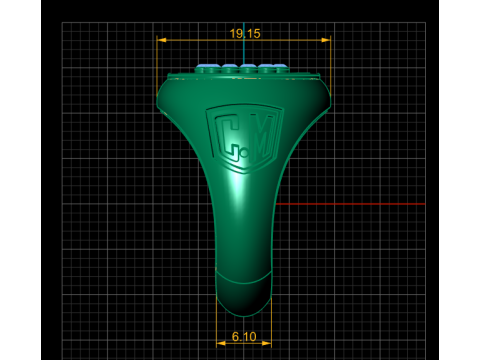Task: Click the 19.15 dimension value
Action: coord(245,33)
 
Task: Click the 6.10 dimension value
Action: coord(244,337)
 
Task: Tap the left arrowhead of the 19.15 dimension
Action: coord(162,40)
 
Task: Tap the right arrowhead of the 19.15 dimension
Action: coord(326,40)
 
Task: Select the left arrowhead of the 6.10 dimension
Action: coord(221,343)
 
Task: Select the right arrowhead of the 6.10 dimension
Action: coord(267,343)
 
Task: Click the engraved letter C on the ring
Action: coord(227,137)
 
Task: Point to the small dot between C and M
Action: coord(245,154)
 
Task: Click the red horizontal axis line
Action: coord(351,204)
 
